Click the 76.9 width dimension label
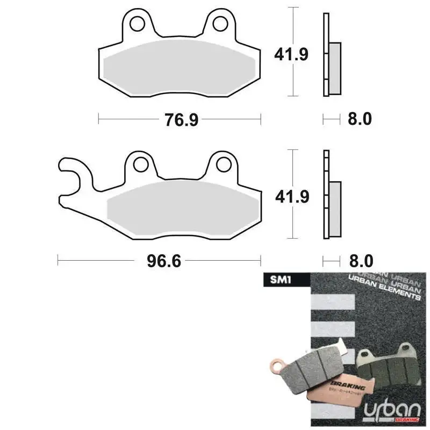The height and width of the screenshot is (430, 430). (182, 119)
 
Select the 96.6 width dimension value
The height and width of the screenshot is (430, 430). (164, 261)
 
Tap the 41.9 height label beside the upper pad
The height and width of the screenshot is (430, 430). (291, 54)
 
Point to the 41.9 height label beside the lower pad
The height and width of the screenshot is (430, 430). (291, 197)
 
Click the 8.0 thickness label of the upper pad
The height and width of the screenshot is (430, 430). (360, 119)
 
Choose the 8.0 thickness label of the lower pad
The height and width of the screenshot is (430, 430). (360, 261)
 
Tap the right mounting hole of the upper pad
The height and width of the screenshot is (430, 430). (219, 24)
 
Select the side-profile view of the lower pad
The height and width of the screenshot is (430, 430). (330, 196)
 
